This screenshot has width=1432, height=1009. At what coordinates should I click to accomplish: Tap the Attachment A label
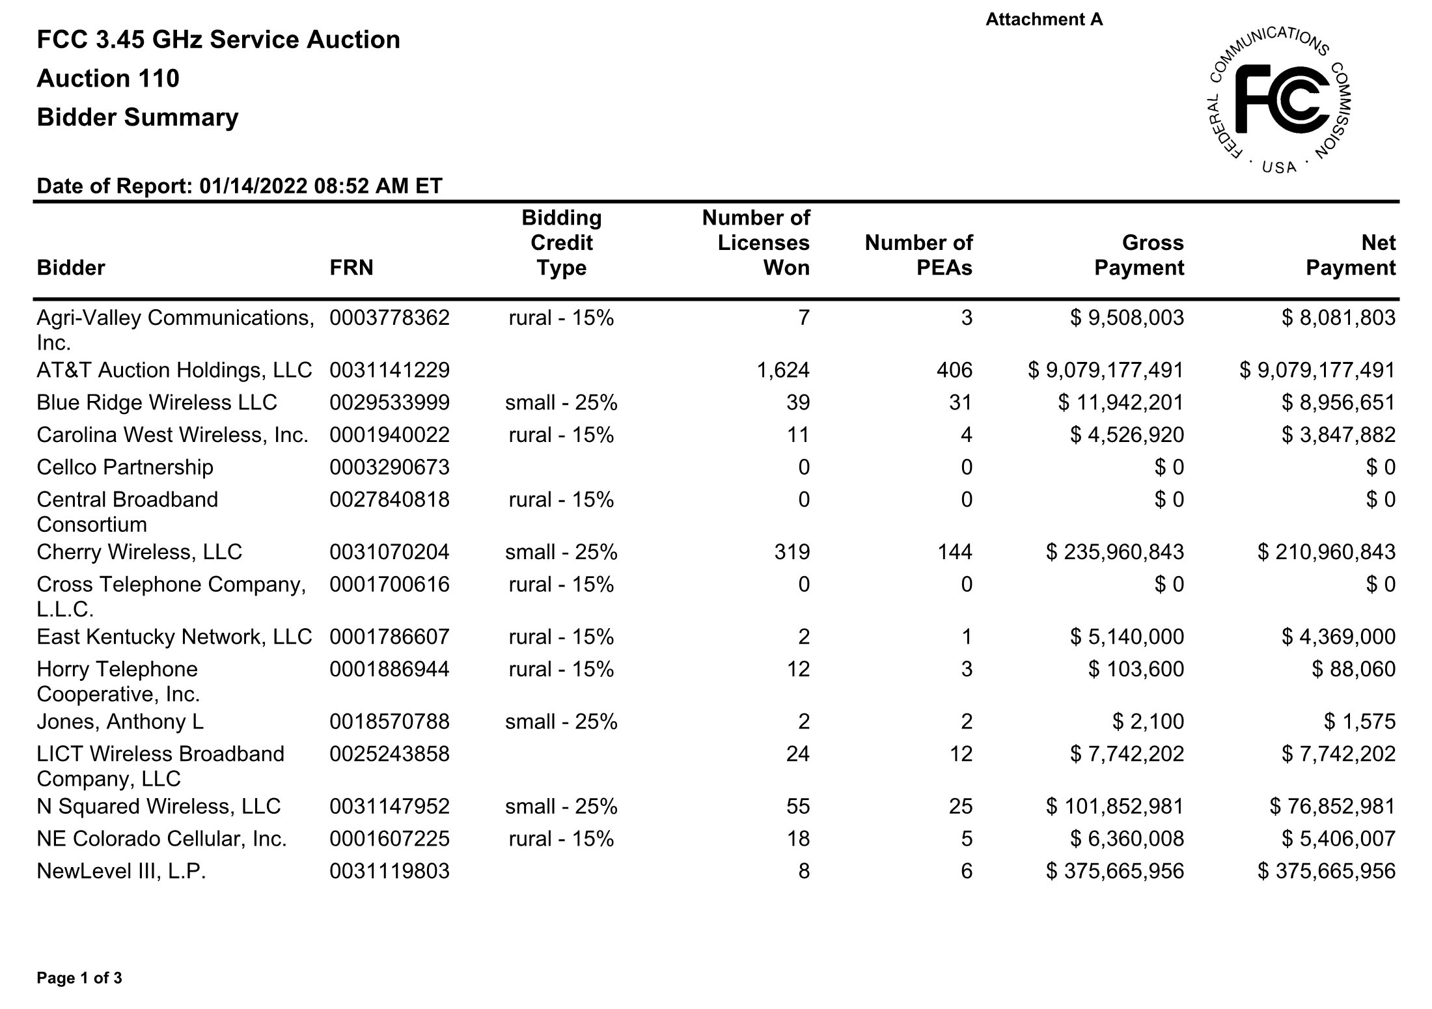pos(1044,20)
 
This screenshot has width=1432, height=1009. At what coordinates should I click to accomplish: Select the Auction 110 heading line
pos(108,79)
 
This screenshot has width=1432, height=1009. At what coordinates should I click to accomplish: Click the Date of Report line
pos(240,186)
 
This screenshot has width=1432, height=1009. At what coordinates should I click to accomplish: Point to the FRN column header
pos(351,268)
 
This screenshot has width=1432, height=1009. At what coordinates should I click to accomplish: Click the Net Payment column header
pos(1351,255)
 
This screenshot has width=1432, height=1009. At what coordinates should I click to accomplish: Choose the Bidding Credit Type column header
pos(561,243)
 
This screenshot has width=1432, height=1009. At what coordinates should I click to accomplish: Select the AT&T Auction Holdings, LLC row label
pos(174,370)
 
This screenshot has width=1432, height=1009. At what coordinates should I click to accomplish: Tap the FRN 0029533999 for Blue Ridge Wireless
pos(389,402)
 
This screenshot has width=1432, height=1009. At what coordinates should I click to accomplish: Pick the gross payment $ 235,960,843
pos(1114,552)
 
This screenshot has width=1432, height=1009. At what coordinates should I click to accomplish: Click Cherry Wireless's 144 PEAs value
pos(954,552)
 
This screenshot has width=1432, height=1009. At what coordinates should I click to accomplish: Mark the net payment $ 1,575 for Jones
pos(1360,721)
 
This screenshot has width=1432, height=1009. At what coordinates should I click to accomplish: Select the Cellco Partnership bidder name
pos(125,467)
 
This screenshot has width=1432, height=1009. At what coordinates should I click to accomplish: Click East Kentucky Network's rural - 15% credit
pos(561,637)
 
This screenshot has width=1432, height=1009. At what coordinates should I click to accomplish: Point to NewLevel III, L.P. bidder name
pos(121,871)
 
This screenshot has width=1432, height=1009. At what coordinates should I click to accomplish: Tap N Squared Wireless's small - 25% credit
pos(561,806)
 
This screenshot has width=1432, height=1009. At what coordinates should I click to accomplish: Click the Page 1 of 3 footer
pos(79,978)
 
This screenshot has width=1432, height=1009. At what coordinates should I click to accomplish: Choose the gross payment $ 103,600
pos(1136,669)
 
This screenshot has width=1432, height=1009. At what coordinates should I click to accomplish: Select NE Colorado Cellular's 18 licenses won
pos(797,838)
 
